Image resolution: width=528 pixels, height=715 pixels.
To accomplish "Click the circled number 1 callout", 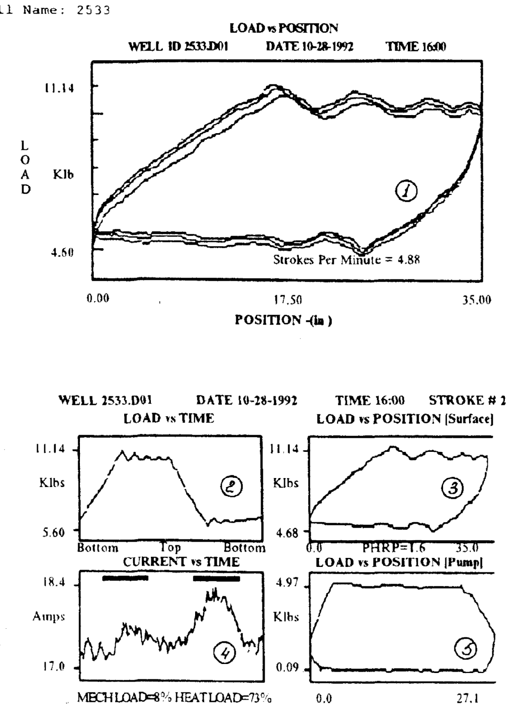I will [406, 191].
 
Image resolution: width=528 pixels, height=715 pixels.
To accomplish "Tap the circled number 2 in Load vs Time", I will [231, 487].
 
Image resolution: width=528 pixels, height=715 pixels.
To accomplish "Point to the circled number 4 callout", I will [224, 653].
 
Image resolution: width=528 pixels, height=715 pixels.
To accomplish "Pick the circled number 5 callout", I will [466, 650].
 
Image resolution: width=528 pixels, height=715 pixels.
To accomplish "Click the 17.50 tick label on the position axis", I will [287, 300].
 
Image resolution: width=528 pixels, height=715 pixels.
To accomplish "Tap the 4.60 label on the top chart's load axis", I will [62, 252].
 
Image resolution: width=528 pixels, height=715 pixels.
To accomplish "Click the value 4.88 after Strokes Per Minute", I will [408, 260].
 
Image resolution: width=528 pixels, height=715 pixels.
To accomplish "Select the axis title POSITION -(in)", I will [283, 320].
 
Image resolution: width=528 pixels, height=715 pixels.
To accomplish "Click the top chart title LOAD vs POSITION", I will [284, 28].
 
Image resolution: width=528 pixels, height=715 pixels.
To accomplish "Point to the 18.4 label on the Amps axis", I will [54, 582].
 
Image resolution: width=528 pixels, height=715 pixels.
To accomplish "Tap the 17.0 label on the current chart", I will [54, 666].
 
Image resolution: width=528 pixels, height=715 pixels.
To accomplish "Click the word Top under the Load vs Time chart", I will [170, 548].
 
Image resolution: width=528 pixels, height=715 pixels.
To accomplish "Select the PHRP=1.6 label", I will [393, 548].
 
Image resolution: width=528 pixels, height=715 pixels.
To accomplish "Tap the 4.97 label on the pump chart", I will [287, 582].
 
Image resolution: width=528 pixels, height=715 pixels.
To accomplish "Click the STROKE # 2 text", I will [467, 400].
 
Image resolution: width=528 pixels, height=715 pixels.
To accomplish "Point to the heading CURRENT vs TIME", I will [181, 562].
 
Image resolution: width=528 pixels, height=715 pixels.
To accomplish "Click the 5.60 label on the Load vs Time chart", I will [54, 533].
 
